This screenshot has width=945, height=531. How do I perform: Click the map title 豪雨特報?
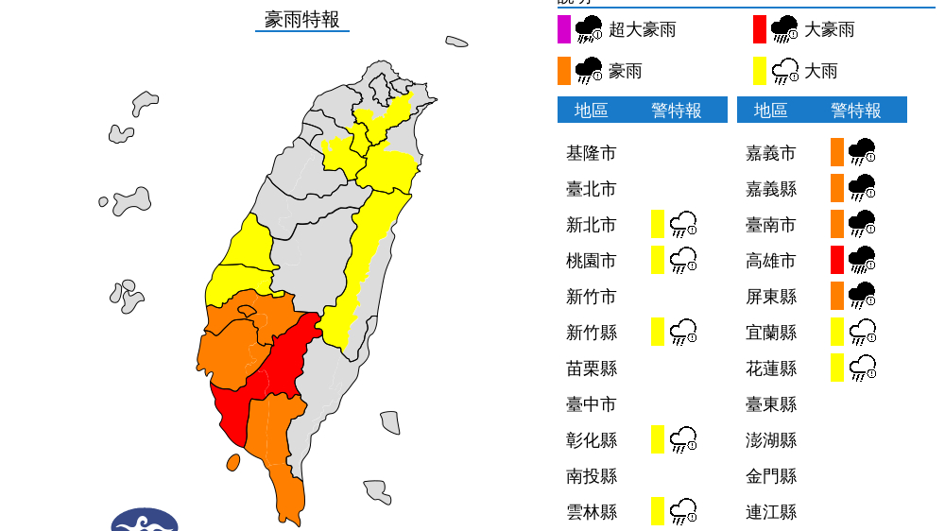[301, 19]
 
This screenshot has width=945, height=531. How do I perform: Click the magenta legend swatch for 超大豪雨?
[564, 29]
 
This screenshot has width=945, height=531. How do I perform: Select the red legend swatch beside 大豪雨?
[760, 29]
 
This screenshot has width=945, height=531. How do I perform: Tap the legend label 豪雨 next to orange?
[625, 71]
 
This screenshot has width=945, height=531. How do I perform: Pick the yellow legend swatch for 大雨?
[760, 71]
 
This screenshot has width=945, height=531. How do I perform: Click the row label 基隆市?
[591, 153]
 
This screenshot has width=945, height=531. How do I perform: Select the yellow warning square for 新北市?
[658, 225]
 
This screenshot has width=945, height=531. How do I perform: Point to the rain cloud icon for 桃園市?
[683, 260]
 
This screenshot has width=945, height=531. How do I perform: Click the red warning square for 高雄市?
[837, 260]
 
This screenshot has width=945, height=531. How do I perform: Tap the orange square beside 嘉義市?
[837, 152]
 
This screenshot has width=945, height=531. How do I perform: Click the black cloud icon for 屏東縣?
[862, 296]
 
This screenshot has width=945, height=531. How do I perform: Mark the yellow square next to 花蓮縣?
[837, 368]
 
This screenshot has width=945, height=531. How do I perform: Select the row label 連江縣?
[770, 512]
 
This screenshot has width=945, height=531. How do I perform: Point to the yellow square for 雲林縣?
[658, 511]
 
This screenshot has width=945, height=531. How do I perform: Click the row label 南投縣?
[591, 476]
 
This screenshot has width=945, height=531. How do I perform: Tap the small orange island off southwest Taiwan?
[232, 462]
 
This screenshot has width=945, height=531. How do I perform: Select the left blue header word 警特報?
[677, 111]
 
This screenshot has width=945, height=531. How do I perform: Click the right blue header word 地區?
[770, 111]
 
